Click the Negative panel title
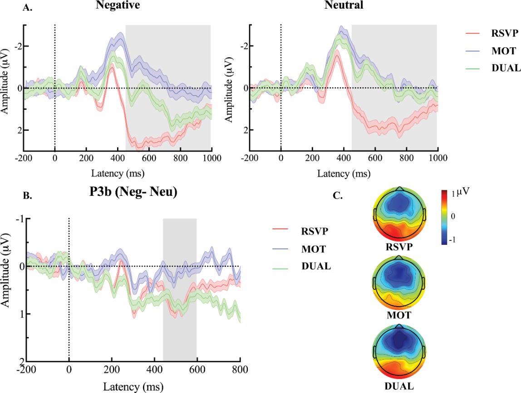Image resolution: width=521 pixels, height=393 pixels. [x=117, y=5]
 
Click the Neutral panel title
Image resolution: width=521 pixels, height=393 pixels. [x=343, y=5]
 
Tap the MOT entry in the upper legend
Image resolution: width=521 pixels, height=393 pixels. [x=500, y=50]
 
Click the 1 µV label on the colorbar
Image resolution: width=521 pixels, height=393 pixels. [x=459, y=193]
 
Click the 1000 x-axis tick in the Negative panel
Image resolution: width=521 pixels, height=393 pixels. [x=211, y=159]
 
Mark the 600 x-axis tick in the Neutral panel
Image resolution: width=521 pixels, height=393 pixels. [x=374, y=159]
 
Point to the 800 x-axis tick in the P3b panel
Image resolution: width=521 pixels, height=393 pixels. [x=240, y=369]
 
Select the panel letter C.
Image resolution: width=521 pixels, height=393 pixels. [x=338, y=196]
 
